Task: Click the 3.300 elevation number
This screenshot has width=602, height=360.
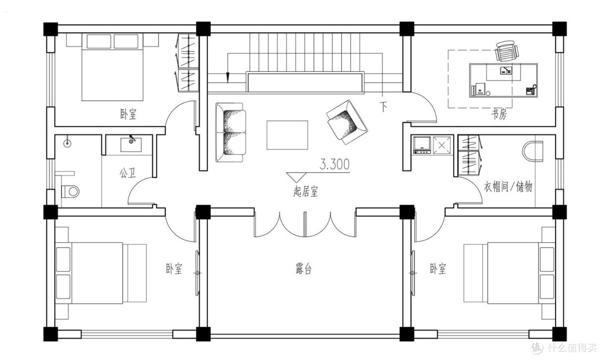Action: coord(334,164)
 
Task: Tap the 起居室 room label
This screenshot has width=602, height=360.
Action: coord(305,191)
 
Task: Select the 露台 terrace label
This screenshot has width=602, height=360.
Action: coord(303,269)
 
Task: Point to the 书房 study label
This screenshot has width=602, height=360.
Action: coord(499,114)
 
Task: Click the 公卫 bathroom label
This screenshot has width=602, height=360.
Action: coord(128,173)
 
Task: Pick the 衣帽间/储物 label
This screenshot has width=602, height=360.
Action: coord(508,187)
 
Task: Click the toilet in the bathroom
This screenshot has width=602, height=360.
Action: coord(70,191)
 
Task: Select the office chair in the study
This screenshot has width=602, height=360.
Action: coord(506,51)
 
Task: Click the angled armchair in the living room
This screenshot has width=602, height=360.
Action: coord(347,122)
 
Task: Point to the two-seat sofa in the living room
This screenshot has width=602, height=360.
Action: coord(230,133)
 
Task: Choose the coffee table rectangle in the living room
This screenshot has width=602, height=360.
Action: coord(287,135)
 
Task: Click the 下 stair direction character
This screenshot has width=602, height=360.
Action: coord(383,106)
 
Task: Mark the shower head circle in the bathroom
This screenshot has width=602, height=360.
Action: coord(67,143)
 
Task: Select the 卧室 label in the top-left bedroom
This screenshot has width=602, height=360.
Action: coord(128,114)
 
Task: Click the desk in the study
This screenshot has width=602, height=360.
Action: coord(503,80)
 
